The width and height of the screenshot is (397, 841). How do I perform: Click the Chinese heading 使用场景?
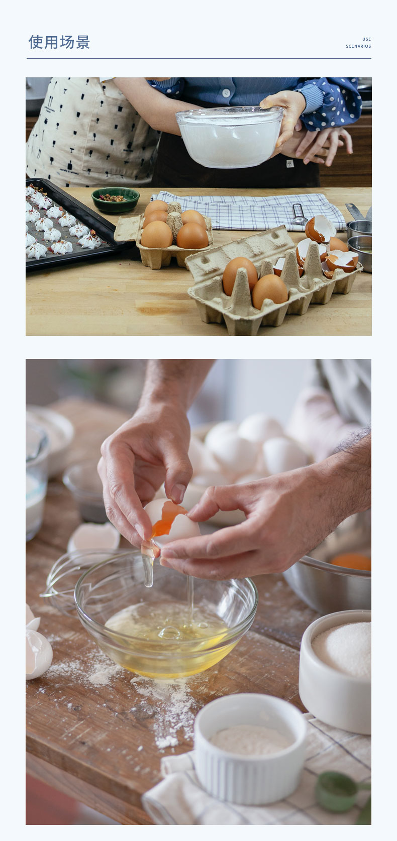pyautogui.click(x=59, y=42)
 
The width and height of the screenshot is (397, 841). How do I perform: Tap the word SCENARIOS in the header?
pyautogui.click(x=358, y=46)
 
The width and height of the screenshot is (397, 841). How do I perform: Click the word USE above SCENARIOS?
pyautogui.click(x=366, y=39)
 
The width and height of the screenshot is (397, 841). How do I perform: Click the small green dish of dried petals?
pyautogui.click(x=116, y=200)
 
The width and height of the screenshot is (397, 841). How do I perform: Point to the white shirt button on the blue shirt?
pyautogui.click(x=226, y=92)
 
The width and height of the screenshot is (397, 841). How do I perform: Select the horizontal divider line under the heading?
pyautogui.click(x=199, y=59)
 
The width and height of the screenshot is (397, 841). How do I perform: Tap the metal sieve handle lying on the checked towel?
pyautogui.click(x=299, y=214)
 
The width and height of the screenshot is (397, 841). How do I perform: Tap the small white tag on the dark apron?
pyautogui.click(x=290, y=163)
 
